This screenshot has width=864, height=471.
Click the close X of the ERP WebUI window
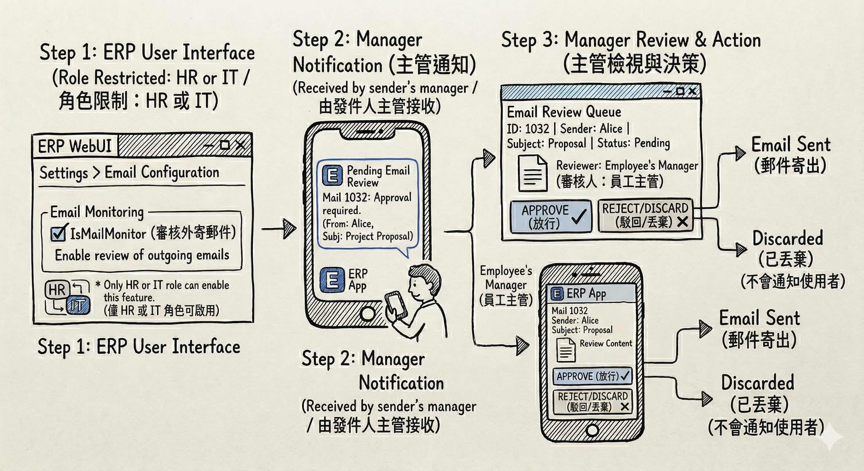(241, 145)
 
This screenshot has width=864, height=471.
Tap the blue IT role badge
(78, 305)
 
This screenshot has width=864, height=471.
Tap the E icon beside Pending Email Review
(332, 175)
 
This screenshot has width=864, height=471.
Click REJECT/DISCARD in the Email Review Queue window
(645, 215)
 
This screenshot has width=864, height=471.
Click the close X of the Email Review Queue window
(692, 91)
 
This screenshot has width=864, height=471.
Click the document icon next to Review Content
(566, 350)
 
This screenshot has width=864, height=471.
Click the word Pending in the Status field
(652, 143)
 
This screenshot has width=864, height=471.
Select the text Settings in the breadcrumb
(64, 173)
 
